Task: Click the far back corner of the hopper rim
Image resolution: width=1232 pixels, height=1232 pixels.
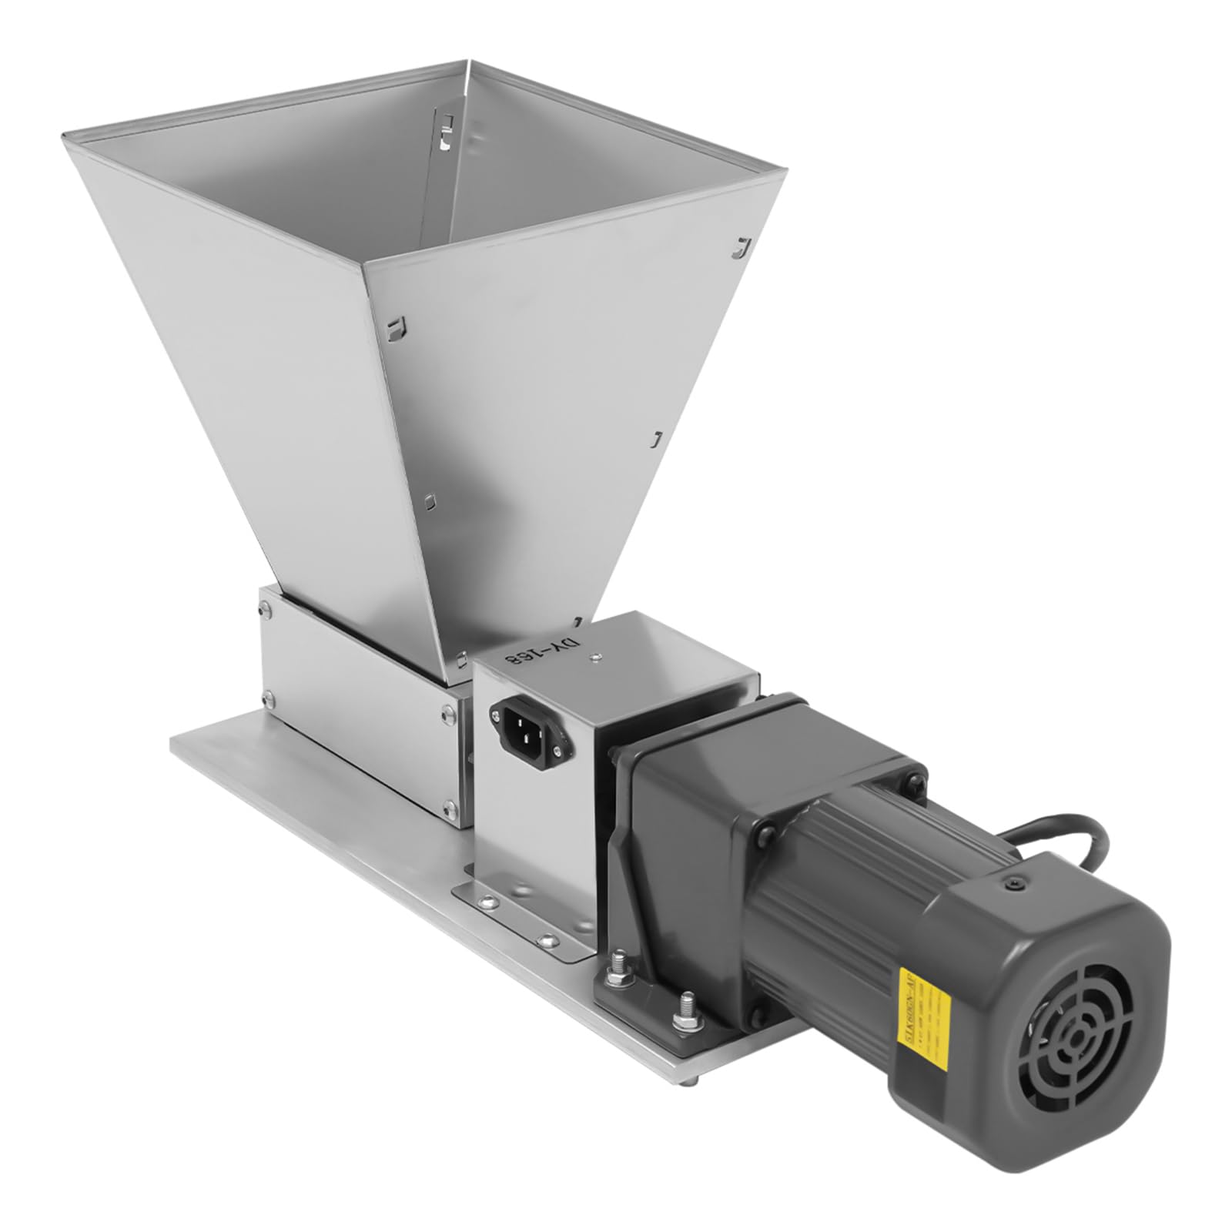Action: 469,60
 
